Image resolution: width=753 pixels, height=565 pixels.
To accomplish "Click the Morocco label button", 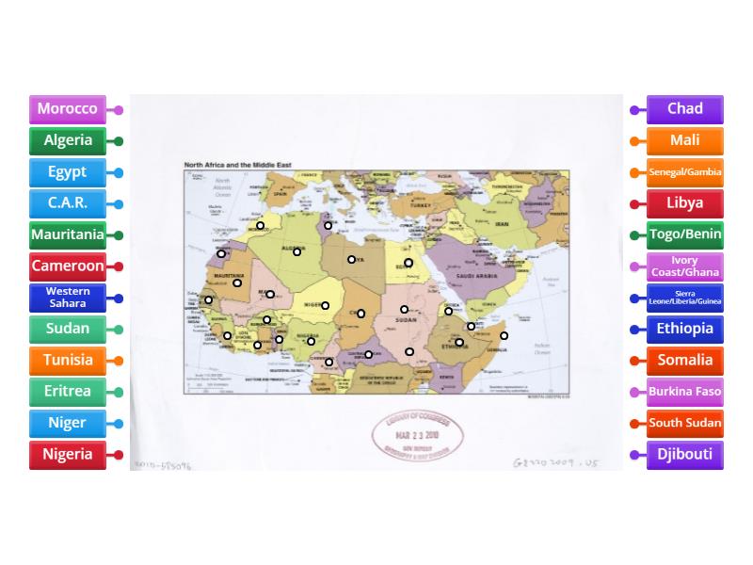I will (67, 109).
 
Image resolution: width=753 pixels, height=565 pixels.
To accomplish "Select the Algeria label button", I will (67, 141).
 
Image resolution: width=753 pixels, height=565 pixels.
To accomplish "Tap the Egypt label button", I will (67, 172).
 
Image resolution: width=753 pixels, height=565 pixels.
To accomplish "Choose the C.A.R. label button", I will (67, 203).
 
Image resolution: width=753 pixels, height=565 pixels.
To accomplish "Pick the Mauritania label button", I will (67, 234).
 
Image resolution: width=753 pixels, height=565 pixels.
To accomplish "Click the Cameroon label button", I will (67, 266).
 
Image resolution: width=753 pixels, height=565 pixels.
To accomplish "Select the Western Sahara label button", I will (67, 298).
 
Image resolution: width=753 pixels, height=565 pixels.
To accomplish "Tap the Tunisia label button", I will (67, 360).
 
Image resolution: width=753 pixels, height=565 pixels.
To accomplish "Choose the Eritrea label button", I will (67, 392).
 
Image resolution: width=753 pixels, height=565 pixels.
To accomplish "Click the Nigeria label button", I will (67, 454).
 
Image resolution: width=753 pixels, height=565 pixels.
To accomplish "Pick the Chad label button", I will (684, 109).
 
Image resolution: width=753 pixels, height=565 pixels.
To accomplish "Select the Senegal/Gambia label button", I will (684, 172).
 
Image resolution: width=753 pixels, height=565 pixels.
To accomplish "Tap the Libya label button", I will (684, 203).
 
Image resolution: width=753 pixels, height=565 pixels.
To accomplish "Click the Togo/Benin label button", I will (684, 234).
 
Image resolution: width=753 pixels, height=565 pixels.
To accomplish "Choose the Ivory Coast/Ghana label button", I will (684, 266).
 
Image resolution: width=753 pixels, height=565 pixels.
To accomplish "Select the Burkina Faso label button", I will (684, 392).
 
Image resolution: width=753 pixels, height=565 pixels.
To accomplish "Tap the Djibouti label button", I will (684, 454).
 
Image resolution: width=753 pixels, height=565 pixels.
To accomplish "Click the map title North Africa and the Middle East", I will (237, 165).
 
